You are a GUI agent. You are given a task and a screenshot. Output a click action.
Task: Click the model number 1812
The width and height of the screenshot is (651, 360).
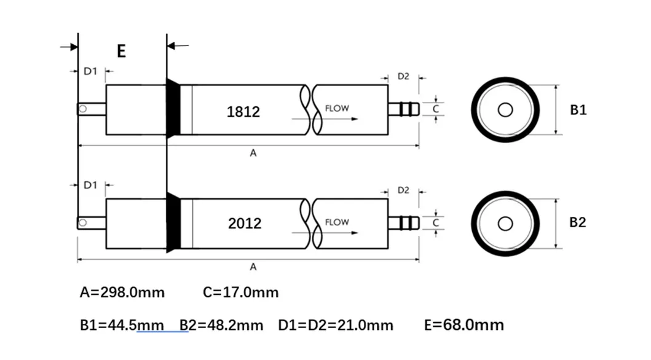tap(243, 112)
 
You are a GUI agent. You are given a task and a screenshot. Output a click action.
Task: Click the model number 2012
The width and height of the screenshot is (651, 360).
tap(244, 224)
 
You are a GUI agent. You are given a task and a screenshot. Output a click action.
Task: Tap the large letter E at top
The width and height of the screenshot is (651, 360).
tap(121, 51)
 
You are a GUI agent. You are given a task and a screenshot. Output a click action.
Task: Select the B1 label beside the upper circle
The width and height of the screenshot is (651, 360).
tap(578, 110)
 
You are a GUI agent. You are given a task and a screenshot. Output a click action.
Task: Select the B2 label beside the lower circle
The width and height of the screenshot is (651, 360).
tap(578, 222)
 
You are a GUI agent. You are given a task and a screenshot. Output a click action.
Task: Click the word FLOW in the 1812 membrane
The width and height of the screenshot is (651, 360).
tap(336, 109)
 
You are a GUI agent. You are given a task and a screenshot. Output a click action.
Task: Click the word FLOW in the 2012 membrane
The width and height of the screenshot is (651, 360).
tap(336, 222)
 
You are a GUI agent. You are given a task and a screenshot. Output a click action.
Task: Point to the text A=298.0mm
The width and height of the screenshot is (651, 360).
tap(122, 292)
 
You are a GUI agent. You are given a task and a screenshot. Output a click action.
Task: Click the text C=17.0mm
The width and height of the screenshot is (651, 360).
tap(240, 292)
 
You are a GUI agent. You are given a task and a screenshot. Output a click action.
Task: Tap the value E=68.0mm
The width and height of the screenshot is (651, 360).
tap(464, 324)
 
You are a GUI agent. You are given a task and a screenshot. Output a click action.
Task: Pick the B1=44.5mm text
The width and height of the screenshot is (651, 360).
tap(122, 324)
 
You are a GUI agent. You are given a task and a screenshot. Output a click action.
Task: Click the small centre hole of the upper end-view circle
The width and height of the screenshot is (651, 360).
tap(505, 110)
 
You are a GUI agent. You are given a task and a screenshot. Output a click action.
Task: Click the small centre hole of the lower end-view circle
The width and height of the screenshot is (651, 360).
tap(505, 223)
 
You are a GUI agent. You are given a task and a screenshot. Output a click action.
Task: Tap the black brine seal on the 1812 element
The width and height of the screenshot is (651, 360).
tap(173, 109)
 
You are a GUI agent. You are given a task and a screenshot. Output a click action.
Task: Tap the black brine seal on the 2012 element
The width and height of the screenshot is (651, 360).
tap(173, 222)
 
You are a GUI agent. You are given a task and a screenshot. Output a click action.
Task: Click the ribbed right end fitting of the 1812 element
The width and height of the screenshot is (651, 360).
tap(404, 109)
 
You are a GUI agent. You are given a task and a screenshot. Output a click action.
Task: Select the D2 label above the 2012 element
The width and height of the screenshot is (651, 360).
tap(403, 190)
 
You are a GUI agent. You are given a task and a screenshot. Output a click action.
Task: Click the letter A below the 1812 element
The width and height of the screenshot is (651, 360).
tap(253, 154)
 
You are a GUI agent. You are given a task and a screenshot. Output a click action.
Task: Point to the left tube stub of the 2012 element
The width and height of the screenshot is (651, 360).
tap(91, 222)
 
